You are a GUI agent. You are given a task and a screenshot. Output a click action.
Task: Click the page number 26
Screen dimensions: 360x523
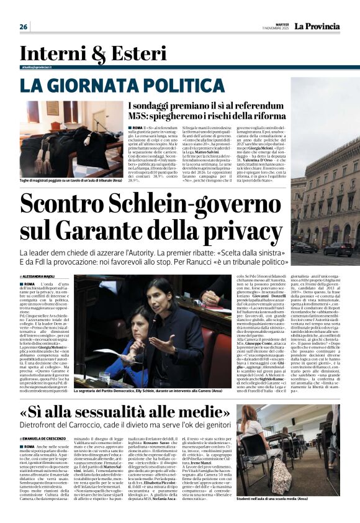tap(24, 27)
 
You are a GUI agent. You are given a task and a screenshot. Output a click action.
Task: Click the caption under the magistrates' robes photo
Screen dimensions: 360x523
tap(73, 181)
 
